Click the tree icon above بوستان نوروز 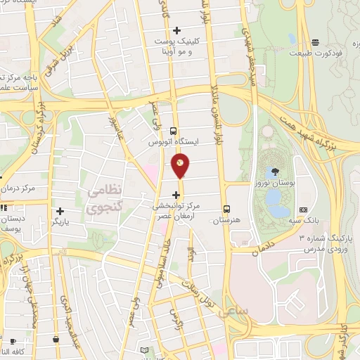[x=275, y=171]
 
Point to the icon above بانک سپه [x=303, y=209]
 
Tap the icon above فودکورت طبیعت [x=316, y=42]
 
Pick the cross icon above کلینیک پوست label [x=176, y=30]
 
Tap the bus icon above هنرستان [x=226, y=209]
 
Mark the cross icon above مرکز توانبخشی [x=176, y=195]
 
